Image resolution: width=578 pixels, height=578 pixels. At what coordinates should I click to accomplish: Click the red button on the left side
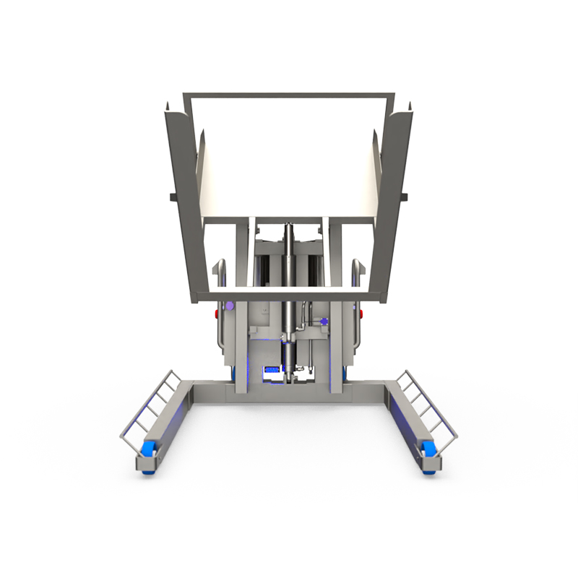[x=217, y=314]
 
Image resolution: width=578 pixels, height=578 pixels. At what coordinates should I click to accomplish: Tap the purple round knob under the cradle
[x=230, y=306]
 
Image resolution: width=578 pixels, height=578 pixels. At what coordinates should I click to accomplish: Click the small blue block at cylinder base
[x=273, y=371]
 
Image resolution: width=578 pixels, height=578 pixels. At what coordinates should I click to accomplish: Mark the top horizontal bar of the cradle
[x=289, y=95]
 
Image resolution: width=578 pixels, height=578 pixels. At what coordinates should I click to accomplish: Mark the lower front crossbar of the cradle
[x=289, y=296]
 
